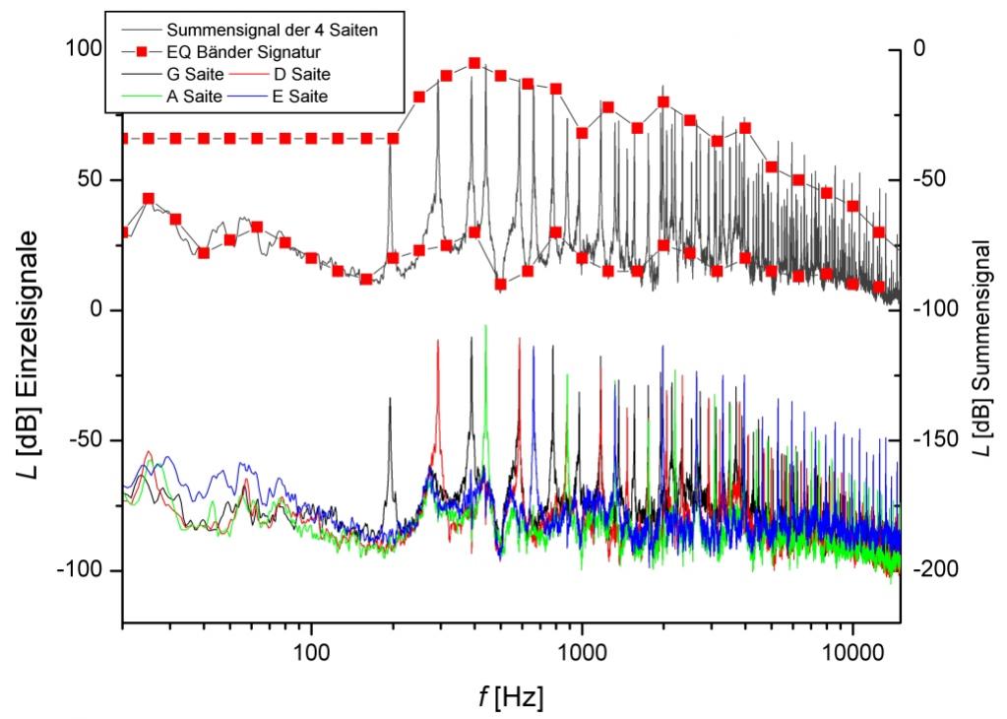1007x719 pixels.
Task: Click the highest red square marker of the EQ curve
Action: pyautogui.click(x=474, y=63)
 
